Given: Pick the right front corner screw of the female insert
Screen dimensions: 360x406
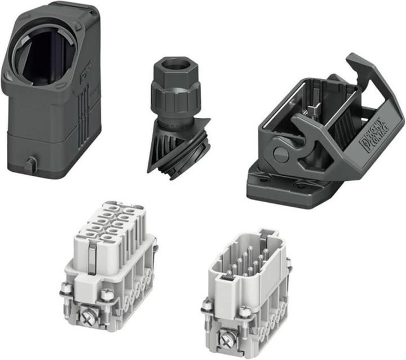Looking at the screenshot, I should [x=105, y=295].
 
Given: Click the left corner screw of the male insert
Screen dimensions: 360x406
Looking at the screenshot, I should [x=208, y=306].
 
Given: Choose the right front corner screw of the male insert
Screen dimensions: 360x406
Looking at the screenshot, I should [x=245, y=310].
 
